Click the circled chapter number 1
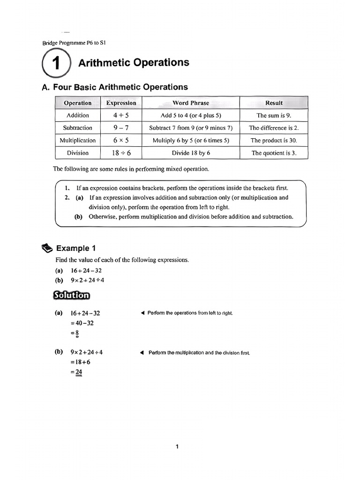56,64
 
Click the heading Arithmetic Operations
134,63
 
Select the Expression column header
121,103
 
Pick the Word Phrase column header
190,103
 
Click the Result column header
274,103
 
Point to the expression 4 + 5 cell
121,115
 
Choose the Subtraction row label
77,128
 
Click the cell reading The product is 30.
274,140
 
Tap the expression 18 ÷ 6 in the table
121,153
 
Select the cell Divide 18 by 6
190,153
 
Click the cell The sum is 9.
274,115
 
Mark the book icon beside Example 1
47,248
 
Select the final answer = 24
77,372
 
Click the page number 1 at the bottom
177,447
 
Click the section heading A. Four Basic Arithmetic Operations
115,87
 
